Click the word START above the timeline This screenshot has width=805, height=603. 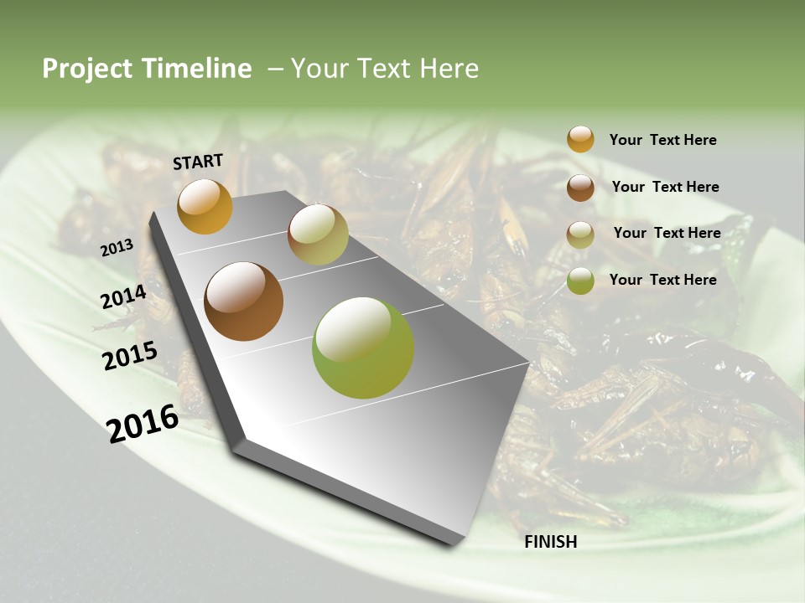(x=198, y=162)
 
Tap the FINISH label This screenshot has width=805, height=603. (x=551, y=542)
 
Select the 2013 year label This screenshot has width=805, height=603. (x=117, y=247)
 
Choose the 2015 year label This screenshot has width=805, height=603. (x=130, y=356)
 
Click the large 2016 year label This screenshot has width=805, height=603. (x=143, y=423)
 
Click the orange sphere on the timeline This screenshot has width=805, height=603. (x=205, y=206)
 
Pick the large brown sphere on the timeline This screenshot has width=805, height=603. (x=244, y=301)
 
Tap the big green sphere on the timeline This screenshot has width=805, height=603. (x=363, y=348)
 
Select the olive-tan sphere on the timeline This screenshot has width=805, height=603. (x=318, y=234)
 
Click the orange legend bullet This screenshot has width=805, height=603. (x=580, y=139)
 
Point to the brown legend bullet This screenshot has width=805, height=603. (x=580, y=187)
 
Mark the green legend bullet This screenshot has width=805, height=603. (x=580, y=281)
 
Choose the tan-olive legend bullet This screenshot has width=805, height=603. (x=580, y=234)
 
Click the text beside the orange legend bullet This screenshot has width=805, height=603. (x=662, y=140)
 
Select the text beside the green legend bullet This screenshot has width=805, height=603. (x=662, y=280)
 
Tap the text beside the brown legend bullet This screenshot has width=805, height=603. (x=665, y=187)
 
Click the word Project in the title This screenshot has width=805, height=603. (x=87, y=69)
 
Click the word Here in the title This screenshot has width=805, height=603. (x=449, y=69)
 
